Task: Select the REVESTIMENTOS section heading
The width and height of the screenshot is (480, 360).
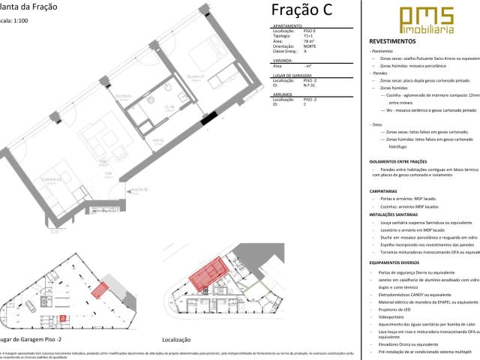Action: [397, 41]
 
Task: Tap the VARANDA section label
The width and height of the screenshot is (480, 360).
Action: [282, 61]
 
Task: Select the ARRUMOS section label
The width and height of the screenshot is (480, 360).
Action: [282, 94]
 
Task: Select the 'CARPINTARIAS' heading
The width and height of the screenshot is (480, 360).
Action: [388, 191]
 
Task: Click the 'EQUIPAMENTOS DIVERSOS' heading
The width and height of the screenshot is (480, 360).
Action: [402, 262]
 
